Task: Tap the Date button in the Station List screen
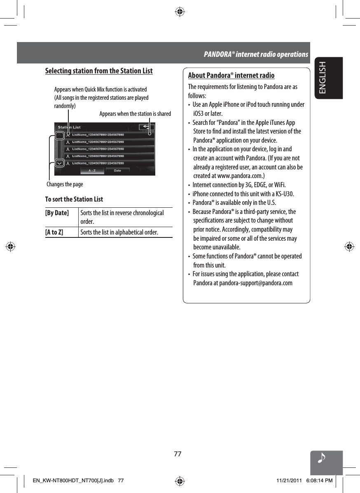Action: [117, 170]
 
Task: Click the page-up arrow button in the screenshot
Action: [60, 135]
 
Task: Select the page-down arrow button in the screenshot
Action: [60, 163]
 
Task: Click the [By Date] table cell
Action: [57, 213]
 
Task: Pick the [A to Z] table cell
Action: [54, 232]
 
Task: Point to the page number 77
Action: [178, 454]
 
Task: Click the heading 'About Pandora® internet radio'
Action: [231, 75]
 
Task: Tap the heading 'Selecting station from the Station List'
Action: [99, 71]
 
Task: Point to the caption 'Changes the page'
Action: [65, 184]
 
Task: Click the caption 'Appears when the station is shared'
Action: [135, 113]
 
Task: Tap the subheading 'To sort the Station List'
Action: [74, 200]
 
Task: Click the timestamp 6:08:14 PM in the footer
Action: [317, 481]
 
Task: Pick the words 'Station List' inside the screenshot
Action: [69, 127]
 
